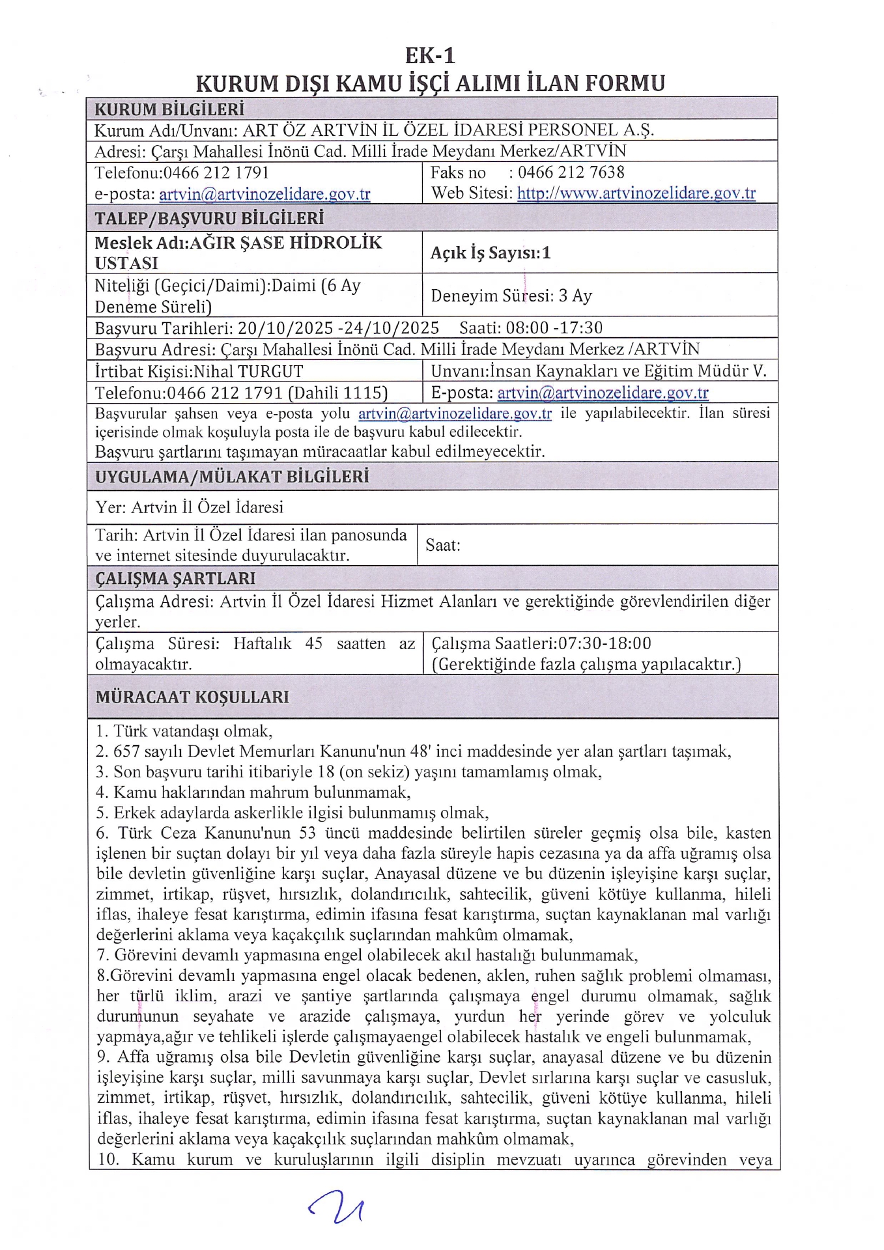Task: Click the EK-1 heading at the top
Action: click(x=430, y=56)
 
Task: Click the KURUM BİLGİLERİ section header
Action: click(x=169, y=109)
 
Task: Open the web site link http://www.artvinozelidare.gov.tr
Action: click(x=636, y=193)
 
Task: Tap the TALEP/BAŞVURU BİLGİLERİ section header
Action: click(x=209, y=217)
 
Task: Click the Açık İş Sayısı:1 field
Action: click(x=491, y=253)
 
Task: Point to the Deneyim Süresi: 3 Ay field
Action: click(x=511, y=296)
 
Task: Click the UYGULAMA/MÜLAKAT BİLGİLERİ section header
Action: click(x=232, y=477)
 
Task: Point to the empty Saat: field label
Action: click(x=443, y=545)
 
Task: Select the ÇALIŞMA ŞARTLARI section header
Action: click(x=175, y=578)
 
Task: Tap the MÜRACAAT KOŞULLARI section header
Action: click(x=192, y=697)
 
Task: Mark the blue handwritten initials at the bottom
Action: click(x=337, y=1206)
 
